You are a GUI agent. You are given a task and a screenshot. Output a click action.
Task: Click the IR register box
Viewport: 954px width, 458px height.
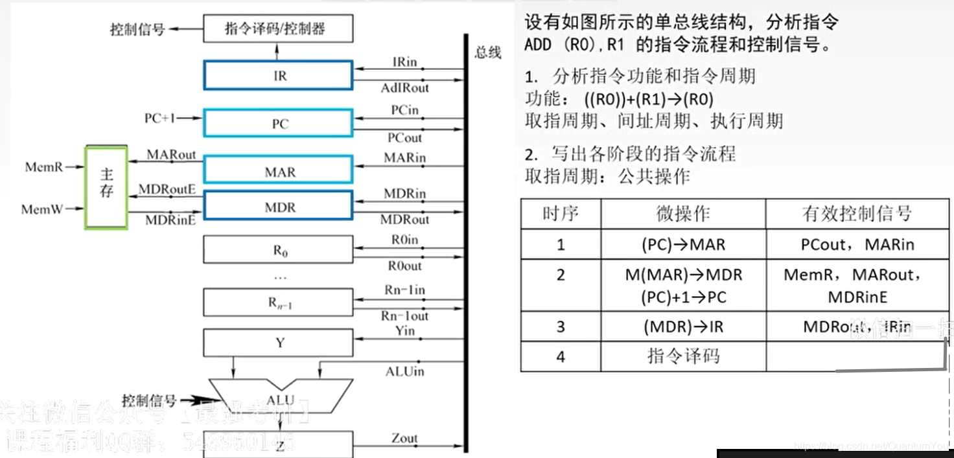(278, 75)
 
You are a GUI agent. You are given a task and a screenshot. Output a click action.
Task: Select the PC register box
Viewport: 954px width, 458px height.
(278, 123)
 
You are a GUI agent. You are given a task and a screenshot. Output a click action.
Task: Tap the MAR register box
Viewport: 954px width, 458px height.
(278, 171)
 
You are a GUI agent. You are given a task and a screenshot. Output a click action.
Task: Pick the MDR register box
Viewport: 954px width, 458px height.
(278, 207)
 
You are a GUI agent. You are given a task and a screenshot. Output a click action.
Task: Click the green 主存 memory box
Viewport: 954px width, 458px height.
(106, 187)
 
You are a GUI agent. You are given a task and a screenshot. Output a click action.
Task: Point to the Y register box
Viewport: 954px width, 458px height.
(278, 342)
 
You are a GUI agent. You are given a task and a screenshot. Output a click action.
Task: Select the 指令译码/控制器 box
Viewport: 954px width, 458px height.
(278, 29)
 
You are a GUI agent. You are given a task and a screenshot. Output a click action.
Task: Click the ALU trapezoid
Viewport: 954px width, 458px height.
(281, 398)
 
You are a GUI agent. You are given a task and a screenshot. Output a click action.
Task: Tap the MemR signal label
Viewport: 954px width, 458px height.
(44, 167)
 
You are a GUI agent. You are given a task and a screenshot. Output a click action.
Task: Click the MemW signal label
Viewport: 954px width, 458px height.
(43, 209)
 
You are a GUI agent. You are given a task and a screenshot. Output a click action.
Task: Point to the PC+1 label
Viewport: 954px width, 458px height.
(160, 119)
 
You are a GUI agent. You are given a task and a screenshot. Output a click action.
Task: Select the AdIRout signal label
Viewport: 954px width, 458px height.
(404, 87)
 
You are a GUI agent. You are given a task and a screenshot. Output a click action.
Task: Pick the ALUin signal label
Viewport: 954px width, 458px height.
(405, 371)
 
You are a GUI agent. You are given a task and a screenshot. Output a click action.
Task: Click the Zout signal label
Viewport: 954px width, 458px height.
(404, 439)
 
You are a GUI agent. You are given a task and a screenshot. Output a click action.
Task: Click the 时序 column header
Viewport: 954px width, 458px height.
(560, 214)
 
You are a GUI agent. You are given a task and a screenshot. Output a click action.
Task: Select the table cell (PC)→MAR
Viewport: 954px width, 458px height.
(683, 245)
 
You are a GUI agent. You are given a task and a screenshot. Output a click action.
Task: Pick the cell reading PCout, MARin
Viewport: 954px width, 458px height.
(857, 245)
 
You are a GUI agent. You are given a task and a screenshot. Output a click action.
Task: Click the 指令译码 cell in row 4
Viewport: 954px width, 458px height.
(683, 356)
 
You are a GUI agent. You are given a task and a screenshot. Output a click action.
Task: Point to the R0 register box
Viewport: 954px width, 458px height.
(278, 250)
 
